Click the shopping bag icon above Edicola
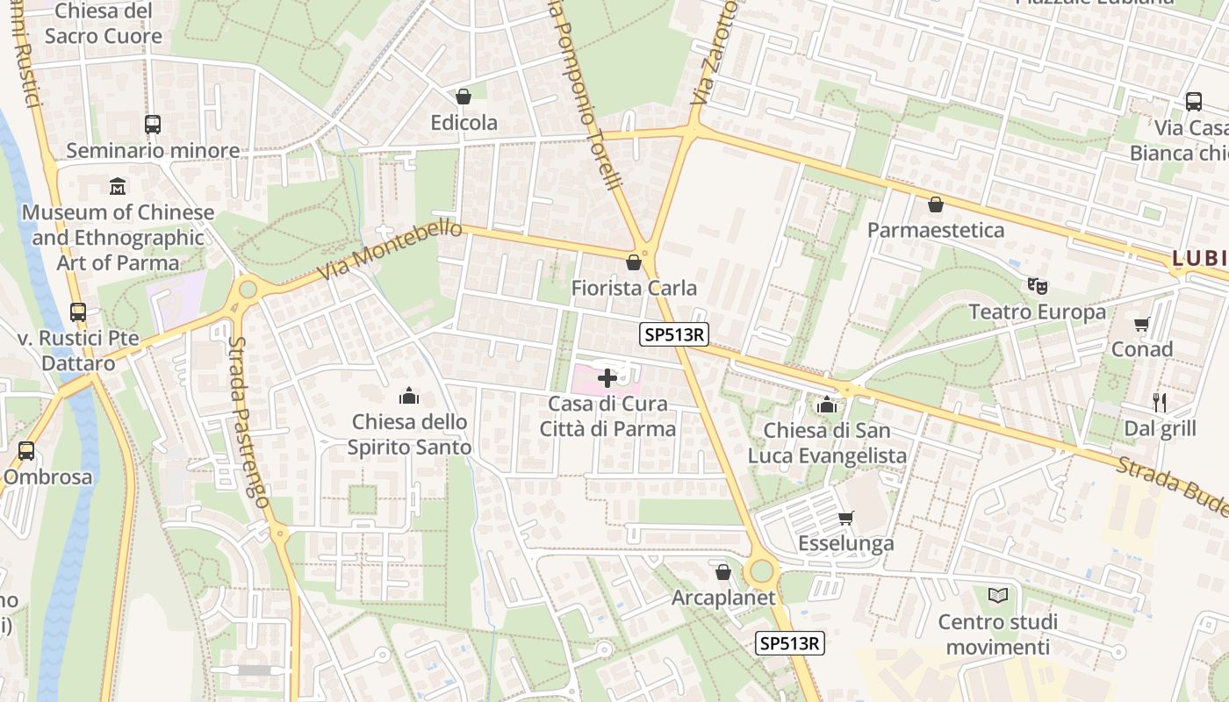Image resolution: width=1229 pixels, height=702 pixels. [464, 97]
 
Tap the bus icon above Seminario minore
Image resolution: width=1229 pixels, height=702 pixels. [153, 125]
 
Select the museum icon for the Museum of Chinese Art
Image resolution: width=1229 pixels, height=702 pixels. [118, 186]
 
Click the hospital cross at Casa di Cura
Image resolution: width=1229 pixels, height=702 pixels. [607, 378]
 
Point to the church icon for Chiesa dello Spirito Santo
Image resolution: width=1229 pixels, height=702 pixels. [408, 396]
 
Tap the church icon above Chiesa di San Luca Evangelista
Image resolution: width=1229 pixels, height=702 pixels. [826, 405]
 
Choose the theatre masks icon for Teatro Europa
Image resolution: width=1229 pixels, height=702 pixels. [1038, 285]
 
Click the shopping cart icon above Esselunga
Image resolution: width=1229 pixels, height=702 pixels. [845, 518]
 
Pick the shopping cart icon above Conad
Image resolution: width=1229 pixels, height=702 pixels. [1141, 324]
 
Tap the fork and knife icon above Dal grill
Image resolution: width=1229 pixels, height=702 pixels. [1160, 403]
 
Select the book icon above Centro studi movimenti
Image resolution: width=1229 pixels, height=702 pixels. [997, 596]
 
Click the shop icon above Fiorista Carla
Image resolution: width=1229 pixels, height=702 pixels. [633, 262]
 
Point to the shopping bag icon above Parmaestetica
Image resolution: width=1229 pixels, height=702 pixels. [936, 204]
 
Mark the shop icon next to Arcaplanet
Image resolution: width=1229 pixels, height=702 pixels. [723, 572]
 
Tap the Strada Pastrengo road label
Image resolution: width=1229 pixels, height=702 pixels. [248, 421]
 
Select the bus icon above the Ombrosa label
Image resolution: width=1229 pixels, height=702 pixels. [26, 451]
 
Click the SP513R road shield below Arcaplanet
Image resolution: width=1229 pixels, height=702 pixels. [790, 643]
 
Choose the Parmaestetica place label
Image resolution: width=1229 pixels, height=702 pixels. [936, 230]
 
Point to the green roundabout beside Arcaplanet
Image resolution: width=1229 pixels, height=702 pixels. [761, 572]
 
